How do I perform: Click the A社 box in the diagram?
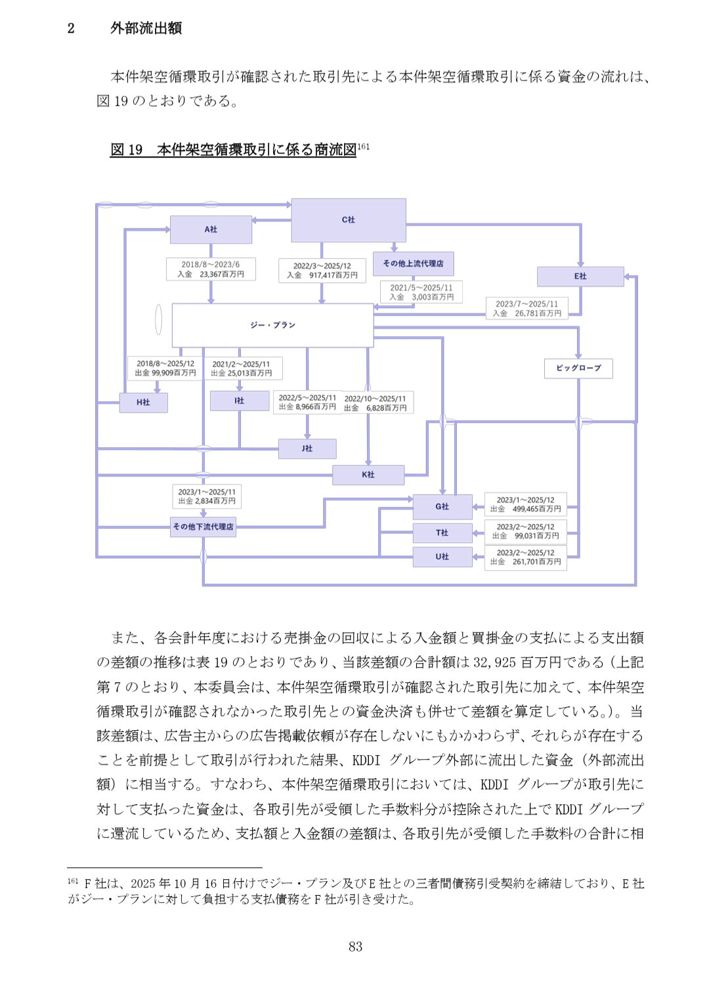(211, 229)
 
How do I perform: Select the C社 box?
(348, 220)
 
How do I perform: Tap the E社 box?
(580, 276)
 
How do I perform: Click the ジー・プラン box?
(272, 325)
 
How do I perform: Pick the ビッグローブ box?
(578, 368)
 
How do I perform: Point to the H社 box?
(143, 403)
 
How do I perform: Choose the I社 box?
(239, 401)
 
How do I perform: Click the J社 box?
(307, 448)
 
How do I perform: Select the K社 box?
(368, 475)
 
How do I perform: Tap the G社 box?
(442, 507)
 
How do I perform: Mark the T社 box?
(442, 533)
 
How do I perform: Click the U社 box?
(442, 557)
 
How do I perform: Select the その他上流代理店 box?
(413, 263)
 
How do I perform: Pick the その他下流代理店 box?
(203, 527)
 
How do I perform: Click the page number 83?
(355, 946)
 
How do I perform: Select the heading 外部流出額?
(146, 28)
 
